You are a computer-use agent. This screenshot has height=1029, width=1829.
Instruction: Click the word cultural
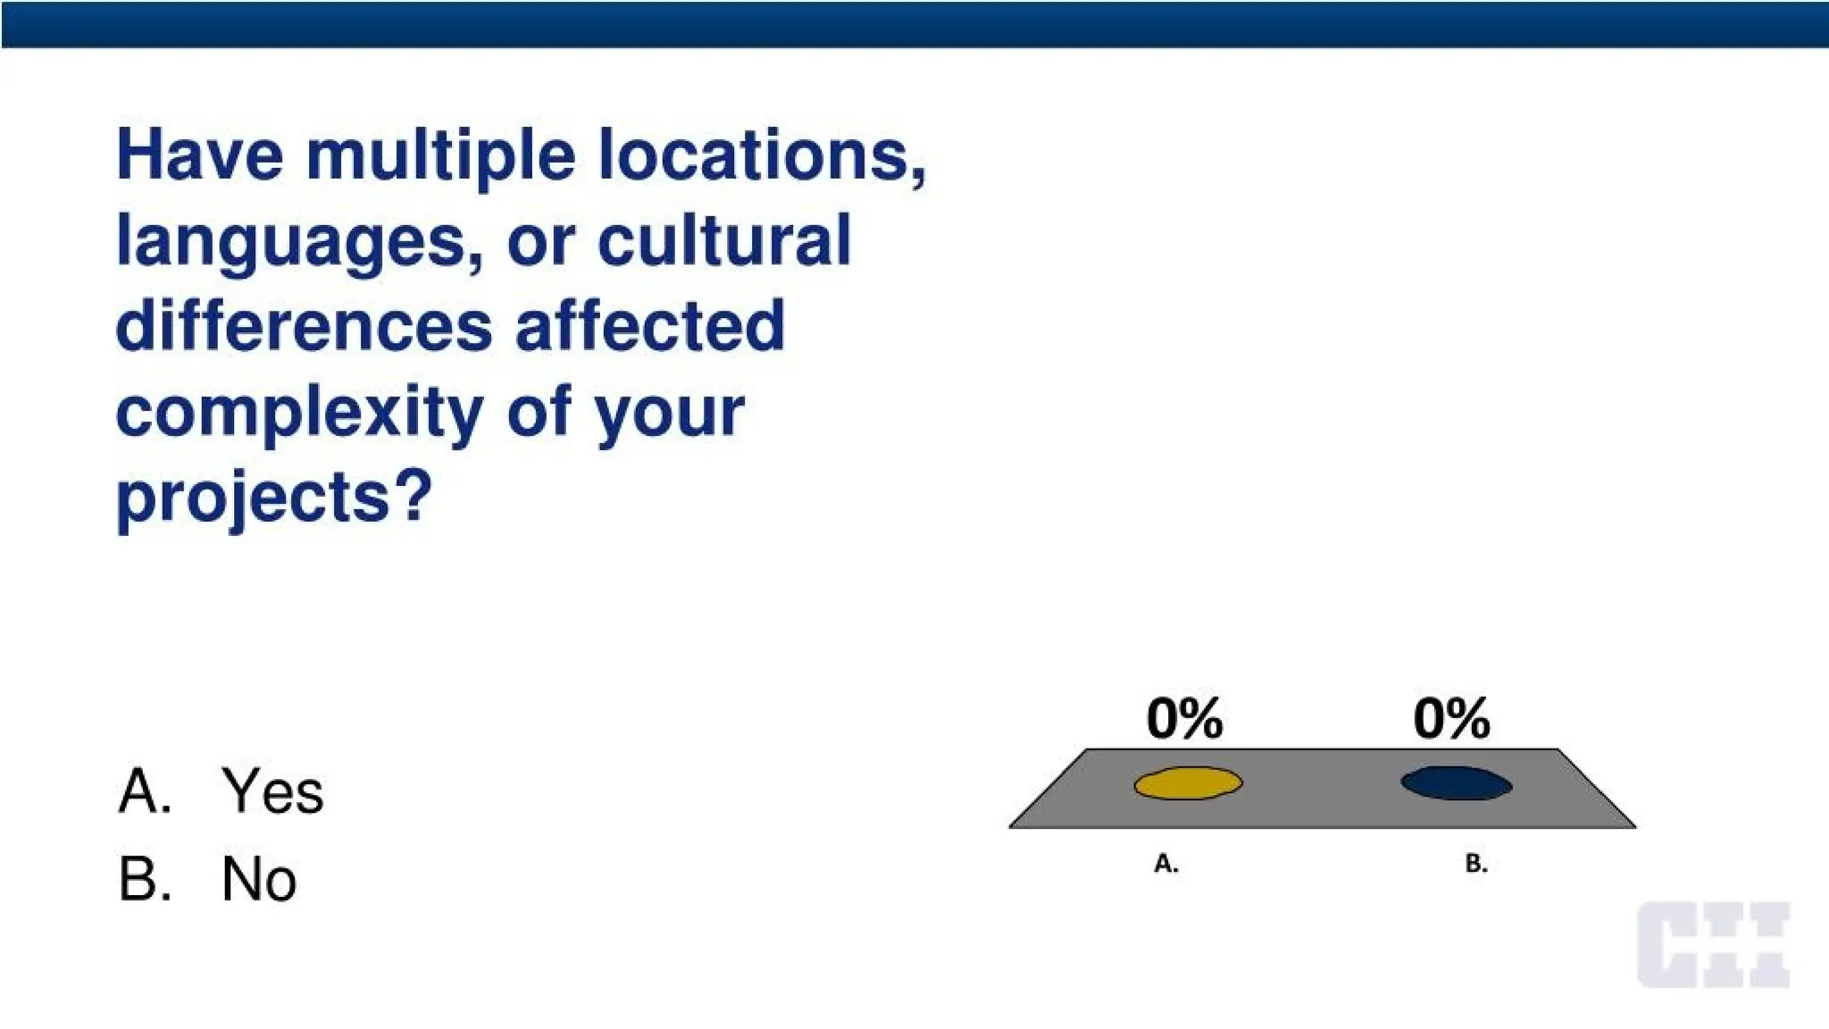(723, 241)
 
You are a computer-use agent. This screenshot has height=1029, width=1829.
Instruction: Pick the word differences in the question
(304, 326)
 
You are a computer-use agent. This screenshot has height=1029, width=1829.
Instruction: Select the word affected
(649, 326)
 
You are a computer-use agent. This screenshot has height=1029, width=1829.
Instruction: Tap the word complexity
(299, 414)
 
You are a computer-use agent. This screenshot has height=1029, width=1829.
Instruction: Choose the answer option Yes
(272, 791)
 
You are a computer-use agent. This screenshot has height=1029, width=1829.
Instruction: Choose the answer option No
(259, 879)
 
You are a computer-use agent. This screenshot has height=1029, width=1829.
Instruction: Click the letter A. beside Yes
(144, 791)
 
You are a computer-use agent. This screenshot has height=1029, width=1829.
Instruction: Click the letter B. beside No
(144, 879)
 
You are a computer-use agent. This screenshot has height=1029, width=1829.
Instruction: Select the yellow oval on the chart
(1188, 783)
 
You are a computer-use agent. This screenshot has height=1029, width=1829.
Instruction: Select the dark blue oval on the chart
(1456, 783)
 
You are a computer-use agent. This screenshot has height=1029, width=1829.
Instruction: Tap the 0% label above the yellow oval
(1184, 718)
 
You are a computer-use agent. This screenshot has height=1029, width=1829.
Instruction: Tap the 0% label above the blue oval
(1451, 718)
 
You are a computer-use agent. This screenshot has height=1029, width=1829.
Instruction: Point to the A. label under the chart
(1166, 864)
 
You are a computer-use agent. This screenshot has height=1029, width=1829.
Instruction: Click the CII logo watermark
(1713, 945)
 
